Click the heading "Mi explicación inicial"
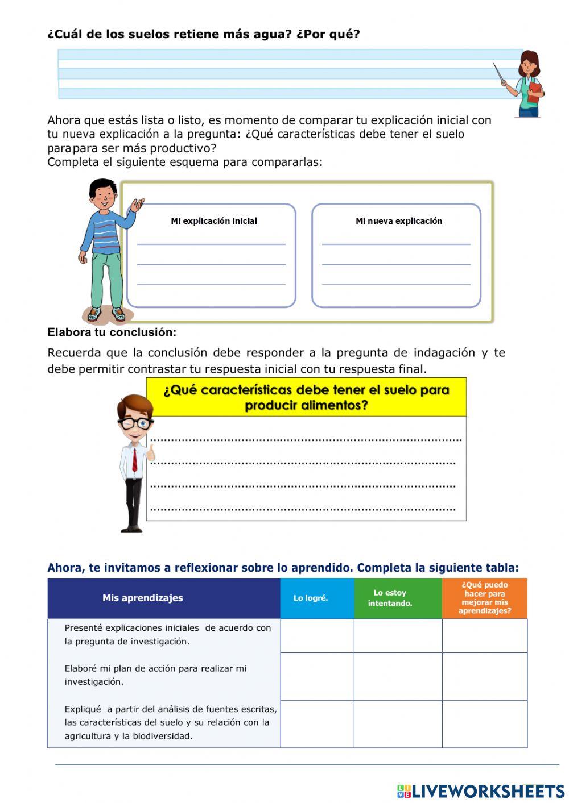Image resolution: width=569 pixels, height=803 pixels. click(x=214, y=221)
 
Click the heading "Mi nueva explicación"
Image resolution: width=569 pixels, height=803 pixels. click(x=398, y=221)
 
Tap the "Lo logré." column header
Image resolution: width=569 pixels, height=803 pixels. click(x=311, y=598)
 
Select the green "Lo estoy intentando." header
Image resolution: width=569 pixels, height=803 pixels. click(x=390, y=598)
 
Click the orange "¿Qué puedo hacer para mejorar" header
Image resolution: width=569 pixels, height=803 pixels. click(x=485, y=598)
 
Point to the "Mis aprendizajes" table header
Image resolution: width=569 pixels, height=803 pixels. click(x=143, y=598)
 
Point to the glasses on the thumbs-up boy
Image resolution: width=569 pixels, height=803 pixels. click(x=135, y=423)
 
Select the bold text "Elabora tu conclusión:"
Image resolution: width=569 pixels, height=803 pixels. click(x=112, y=332)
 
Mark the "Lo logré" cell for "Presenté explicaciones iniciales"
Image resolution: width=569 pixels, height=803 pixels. click(x=317, y=635)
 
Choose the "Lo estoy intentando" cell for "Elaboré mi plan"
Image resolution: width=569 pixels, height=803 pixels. click(x=398, y=676)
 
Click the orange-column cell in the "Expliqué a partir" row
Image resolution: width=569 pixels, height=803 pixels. click(x=485, y=723)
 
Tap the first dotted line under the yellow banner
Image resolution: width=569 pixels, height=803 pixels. click(x=306, y=439)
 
